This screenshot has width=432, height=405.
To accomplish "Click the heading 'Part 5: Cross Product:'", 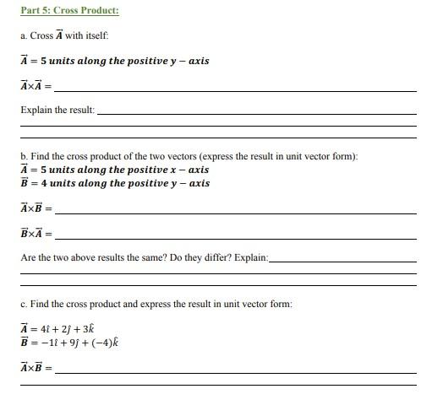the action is coord(69,10).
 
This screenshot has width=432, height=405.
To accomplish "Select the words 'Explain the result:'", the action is coord(57,111).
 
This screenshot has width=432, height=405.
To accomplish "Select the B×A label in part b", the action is coord(33,233).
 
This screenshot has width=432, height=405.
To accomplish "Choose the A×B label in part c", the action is coord(33,368).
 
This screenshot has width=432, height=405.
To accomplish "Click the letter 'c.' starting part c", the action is coord(24,304).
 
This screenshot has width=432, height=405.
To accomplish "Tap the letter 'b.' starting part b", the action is coord(24,156).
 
